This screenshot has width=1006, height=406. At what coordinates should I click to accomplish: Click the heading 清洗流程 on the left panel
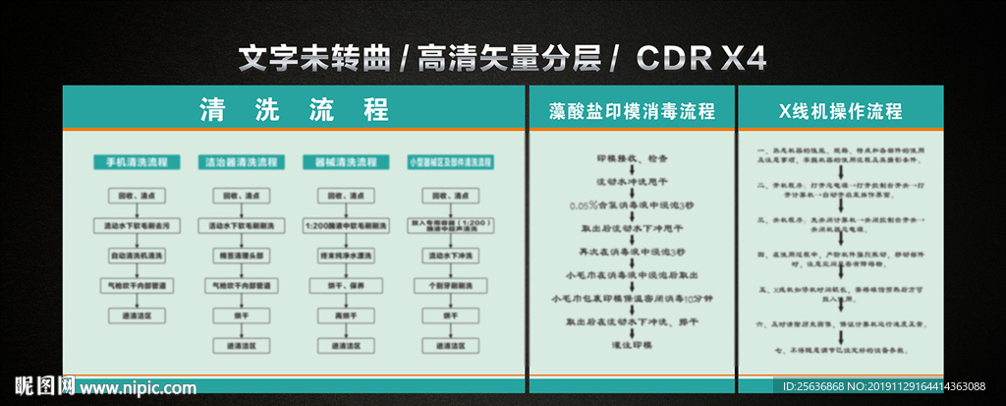pyautogui.click(x=294, y=108)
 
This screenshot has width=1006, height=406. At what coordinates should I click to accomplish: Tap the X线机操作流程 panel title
pyautogui.click(x=839, y=110)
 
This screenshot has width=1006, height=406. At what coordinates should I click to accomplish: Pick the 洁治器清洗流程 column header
pyautogui.click(x=241, y=161)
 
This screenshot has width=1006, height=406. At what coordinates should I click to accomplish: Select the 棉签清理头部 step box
pyautogui.click(x=241, y=255)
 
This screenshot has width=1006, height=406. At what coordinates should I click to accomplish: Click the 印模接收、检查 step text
pyautogui.click(x=632, y=157)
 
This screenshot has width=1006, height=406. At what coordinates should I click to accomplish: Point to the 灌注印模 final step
pyautogui.click(x=632, y=345)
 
